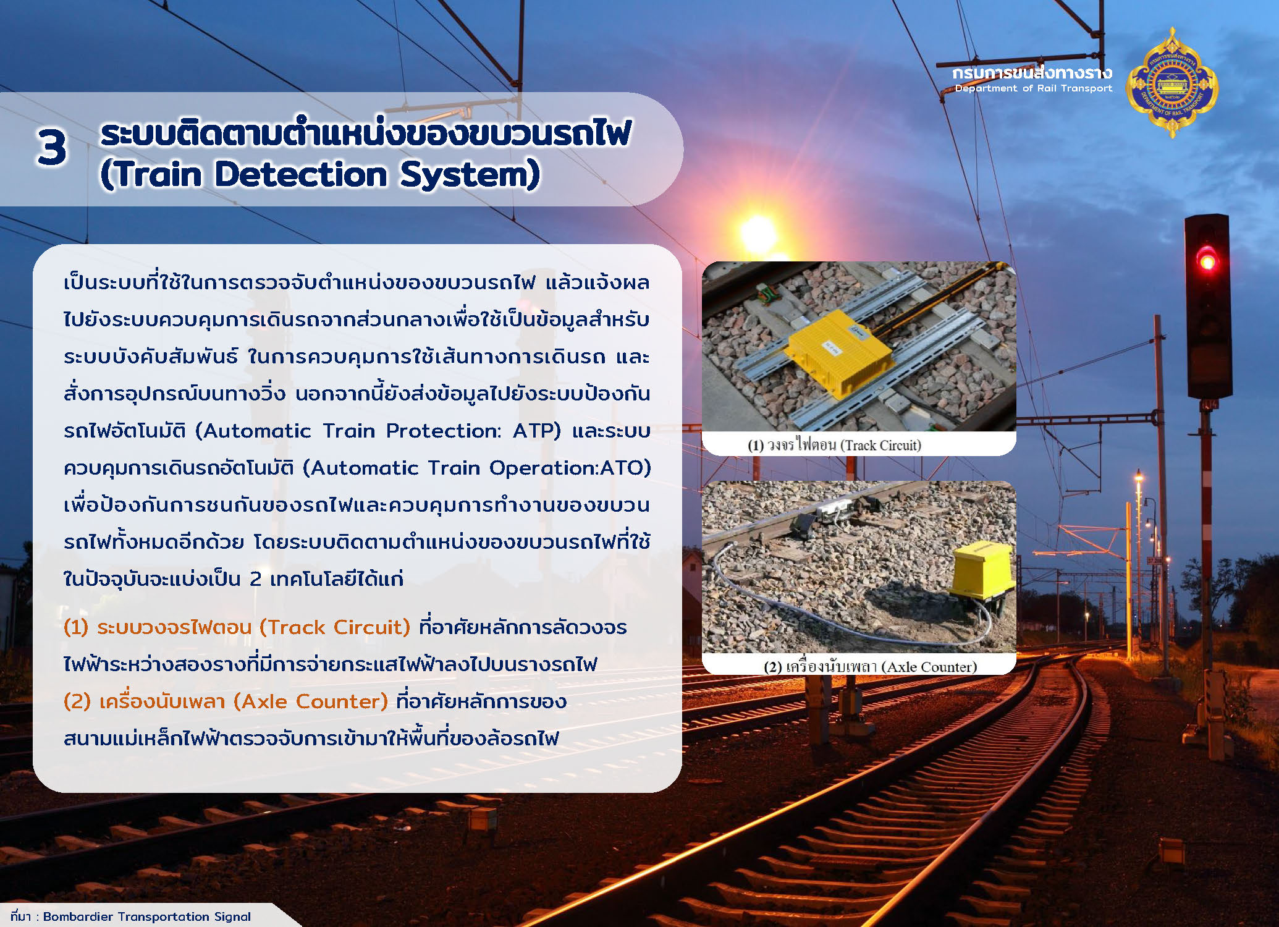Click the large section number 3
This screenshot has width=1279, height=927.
point(51,147)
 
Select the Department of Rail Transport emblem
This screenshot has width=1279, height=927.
point(1172,82)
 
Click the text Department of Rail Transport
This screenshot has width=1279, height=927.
point(1033,88)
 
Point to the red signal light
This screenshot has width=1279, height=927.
point(1206,260)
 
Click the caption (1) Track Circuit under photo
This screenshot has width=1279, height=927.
point(834,445)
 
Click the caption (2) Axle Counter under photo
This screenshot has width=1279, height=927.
point(870,667)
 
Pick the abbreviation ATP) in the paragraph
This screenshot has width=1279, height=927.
point(537,431)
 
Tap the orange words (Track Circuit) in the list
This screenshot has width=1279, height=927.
point(335,627)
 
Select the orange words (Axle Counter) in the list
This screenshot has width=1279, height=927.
point(311,701)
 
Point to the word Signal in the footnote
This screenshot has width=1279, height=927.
point(232,917)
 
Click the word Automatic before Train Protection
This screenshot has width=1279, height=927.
point(257,431)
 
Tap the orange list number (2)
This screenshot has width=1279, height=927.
point(77,701)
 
